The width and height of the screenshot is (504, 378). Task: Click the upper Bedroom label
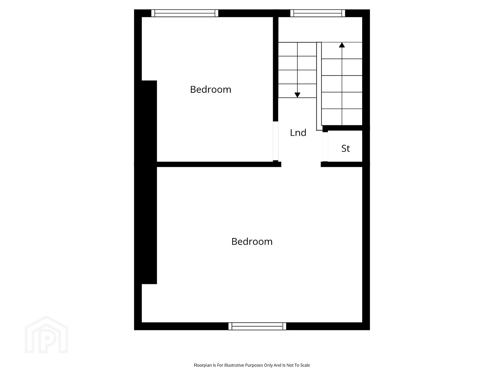[210, 90]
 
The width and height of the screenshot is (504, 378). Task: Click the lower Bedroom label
[252, 241]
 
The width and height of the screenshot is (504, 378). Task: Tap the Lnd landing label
[298, 133]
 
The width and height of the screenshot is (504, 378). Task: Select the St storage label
[345, 148]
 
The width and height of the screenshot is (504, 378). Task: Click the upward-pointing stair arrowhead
[342, 45]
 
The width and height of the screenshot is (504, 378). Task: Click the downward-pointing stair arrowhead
[297, 95]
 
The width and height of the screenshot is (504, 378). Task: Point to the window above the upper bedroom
[185, 13]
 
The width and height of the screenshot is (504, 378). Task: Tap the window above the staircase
[318, 13]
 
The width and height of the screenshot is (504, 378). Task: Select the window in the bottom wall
[257, 326]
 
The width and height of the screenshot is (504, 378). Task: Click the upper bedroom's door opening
[276, 141]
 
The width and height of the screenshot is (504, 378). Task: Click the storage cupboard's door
[325, 147]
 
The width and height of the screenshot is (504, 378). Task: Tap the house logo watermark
[46, 335]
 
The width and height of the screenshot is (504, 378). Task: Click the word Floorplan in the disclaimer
[203, 365]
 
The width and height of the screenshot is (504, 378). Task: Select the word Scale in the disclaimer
[305, 365]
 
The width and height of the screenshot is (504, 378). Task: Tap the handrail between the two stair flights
[319, 86]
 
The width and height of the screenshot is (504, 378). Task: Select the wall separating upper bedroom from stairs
[276, 69]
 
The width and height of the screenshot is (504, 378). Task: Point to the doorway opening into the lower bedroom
[301, 164]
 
